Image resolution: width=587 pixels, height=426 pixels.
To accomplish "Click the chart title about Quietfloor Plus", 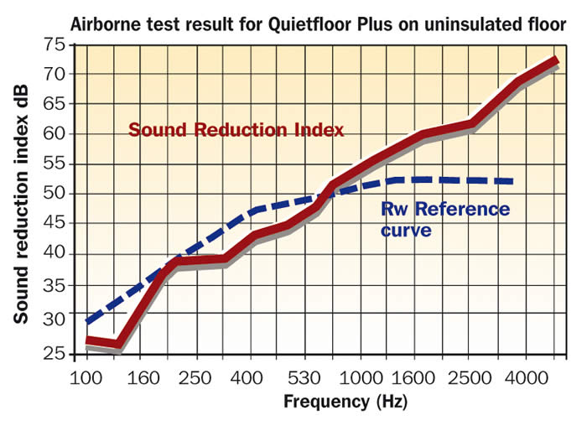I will pyautogui.click(x=318, y=24).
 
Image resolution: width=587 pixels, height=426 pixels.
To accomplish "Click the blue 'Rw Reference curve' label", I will pyautogui.click(x=444, y=219).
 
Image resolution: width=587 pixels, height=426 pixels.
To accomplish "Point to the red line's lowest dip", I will pyautogui.click(x=117, y=344).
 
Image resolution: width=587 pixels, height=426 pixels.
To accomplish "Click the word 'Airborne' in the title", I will pyautogui.click(x=105, y=24).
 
